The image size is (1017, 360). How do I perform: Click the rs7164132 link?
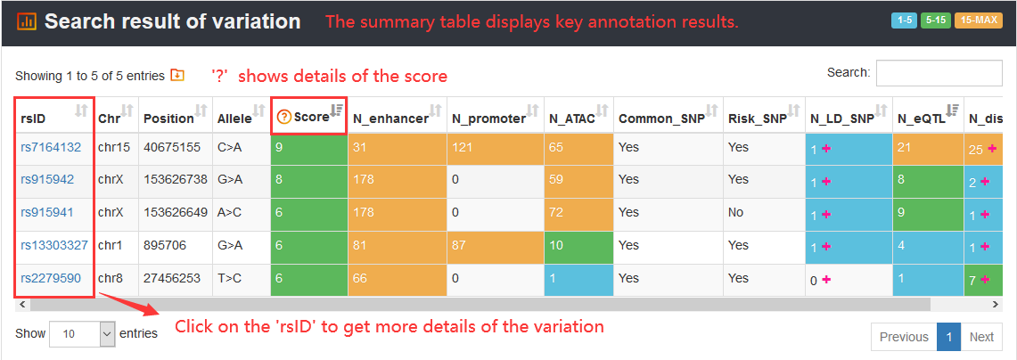point(51,147)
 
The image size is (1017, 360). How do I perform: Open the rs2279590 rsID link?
point(51,278)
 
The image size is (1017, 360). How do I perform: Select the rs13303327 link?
point(54,245)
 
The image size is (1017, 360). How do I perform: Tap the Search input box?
point(939,73)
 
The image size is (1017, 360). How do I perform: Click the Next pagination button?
point(981,337)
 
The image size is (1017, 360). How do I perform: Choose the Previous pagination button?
point(904,337)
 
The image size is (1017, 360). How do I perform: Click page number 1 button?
point(949,337)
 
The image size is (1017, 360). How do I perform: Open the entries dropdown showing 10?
point(82,334)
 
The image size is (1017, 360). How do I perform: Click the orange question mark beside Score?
point(283,117)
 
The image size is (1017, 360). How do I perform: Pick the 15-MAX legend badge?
point(978,20)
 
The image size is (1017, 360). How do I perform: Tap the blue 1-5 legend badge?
point(904,20)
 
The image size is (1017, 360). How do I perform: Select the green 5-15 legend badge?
point(935,20)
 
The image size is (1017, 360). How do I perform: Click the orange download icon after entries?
point(177,75)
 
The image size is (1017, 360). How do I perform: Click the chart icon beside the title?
point(26,21)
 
